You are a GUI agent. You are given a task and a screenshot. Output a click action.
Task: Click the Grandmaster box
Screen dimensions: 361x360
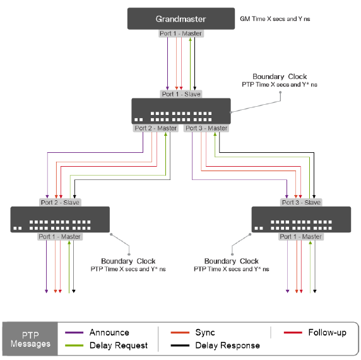point(181,19)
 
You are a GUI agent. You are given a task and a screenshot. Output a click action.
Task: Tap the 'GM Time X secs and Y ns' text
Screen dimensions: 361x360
point(275,19)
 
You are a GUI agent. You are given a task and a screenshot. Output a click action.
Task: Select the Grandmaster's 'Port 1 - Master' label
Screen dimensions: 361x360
point(181,33)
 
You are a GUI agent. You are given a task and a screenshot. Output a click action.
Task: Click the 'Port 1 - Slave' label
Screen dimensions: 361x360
point(181,94)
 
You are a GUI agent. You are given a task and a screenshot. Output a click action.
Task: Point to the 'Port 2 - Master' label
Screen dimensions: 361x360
point(156,128)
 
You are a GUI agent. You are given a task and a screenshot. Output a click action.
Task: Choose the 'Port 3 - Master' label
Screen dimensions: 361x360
point(206,128)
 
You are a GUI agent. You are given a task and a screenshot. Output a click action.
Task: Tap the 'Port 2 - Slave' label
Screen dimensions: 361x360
point(60,203)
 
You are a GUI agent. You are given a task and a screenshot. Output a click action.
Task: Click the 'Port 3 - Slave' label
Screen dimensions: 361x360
point(301,203)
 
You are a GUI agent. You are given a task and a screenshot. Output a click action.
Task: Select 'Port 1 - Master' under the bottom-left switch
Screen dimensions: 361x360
point(59,237)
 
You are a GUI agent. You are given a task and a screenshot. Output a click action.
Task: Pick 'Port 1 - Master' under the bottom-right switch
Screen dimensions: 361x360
point(301,237)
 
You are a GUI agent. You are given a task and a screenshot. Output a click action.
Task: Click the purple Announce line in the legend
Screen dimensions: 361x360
point(74,333)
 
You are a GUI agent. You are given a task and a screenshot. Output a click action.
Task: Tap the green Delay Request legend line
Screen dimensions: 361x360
point(74,345)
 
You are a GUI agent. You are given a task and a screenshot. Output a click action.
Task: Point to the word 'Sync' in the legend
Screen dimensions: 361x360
point(205,333)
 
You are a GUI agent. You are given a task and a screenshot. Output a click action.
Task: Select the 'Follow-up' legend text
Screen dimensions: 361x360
point(327,333)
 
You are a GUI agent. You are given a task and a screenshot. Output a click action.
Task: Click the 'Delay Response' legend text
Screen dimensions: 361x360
point(227,345)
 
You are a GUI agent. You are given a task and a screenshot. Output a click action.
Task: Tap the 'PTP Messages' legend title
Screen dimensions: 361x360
point(30,339)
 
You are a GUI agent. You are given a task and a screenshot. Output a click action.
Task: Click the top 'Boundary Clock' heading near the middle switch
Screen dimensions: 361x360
point(280,76)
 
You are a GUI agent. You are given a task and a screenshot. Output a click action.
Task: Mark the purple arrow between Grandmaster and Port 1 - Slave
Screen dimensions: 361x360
point(167,64)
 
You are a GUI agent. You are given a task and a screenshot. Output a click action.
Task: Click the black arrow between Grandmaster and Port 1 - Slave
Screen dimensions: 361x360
point(195,64)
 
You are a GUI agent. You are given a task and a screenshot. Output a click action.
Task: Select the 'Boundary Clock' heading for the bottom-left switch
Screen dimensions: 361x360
point(128,261)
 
